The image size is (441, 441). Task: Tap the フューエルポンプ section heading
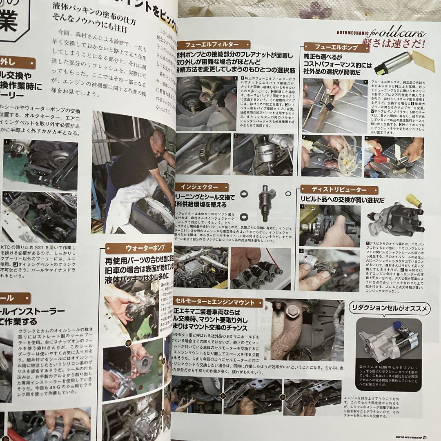(336, 47)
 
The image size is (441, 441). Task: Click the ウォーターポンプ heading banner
(138, 248)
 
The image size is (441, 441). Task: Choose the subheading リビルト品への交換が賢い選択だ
(342, 200)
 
